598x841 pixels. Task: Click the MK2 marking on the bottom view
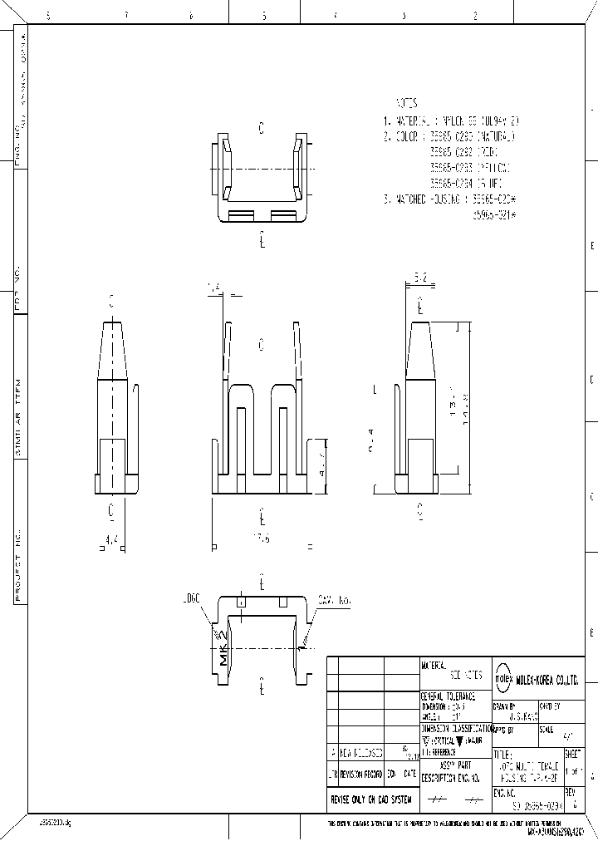(x=223, y=648)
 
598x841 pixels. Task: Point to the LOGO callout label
(x=193, y=598)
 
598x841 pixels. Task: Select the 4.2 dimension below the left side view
(x=111, y=539)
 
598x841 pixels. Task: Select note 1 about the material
(x=453, y=120)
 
